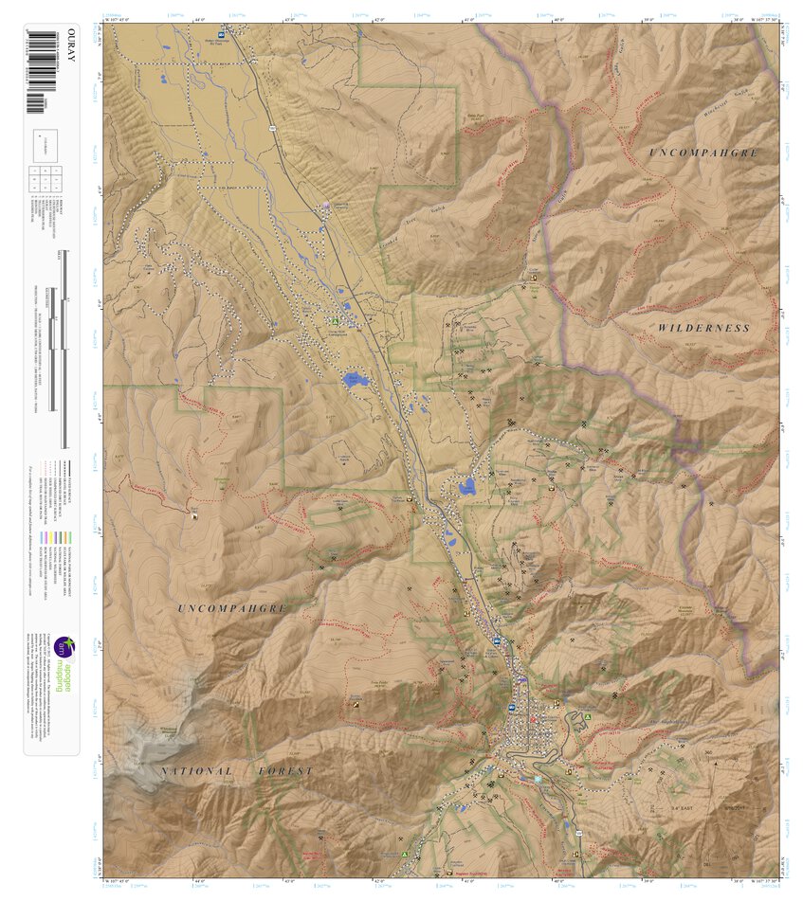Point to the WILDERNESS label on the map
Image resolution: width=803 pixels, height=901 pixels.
click(x=703, y=328)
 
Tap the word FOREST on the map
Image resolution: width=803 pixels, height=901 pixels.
click(x=285, y=771)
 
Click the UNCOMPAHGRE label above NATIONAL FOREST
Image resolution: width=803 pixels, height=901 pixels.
click(x=231, y=607)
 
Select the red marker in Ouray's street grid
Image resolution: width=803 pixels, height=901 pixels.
click(x=533, y=720)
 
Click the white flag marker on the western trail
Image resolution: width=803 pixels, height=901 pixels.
click(x=194, y=515)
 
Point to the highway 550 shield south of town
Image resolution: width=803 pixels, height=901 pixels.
click(x=575, y=827)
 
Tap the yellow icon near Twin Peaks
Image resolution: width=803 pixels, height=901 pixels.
click(x=355, y=705)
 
